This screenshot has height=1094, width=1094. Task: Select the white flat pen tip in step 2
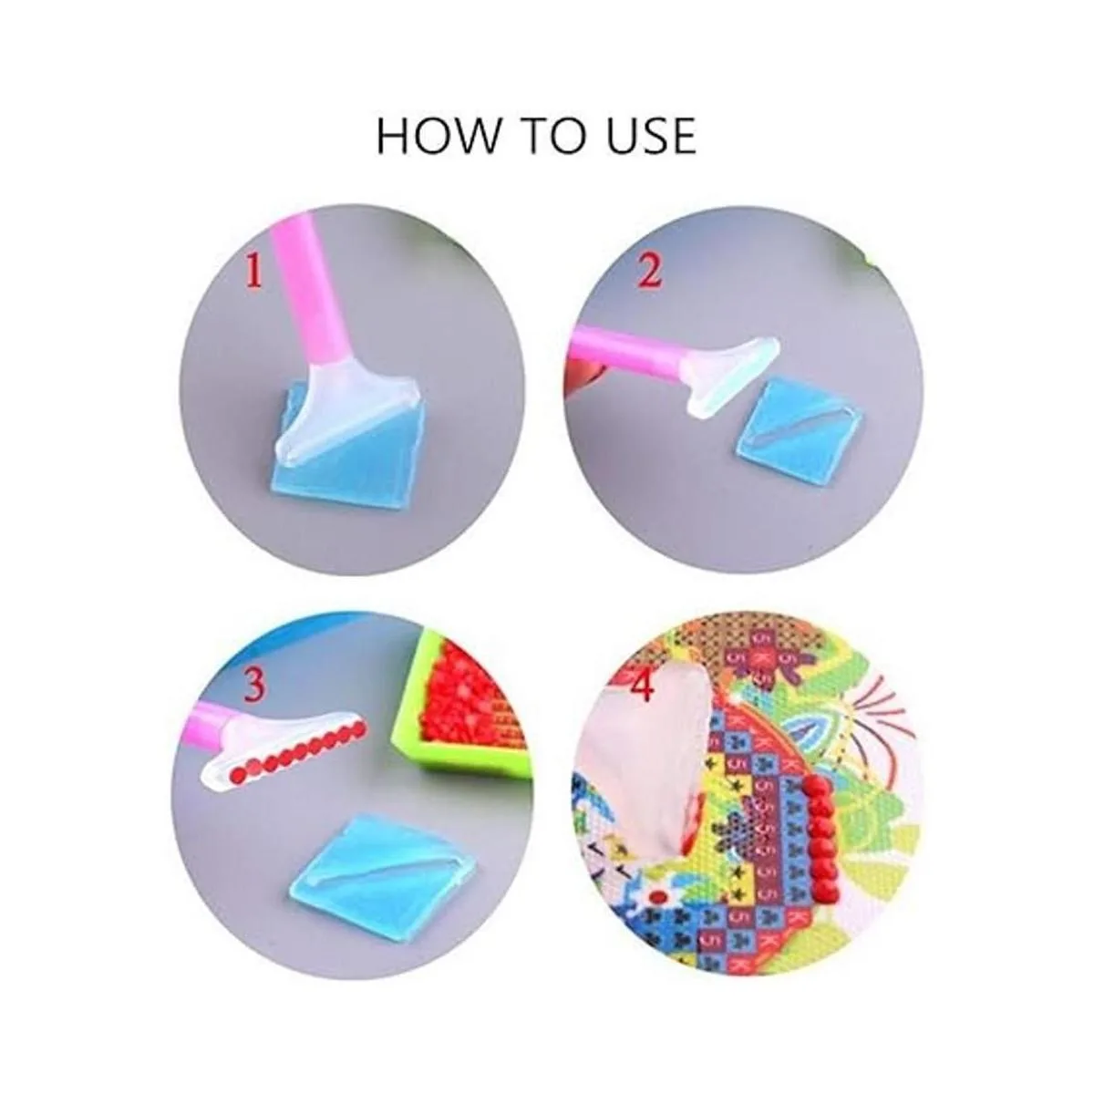[x=727, y=374]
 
